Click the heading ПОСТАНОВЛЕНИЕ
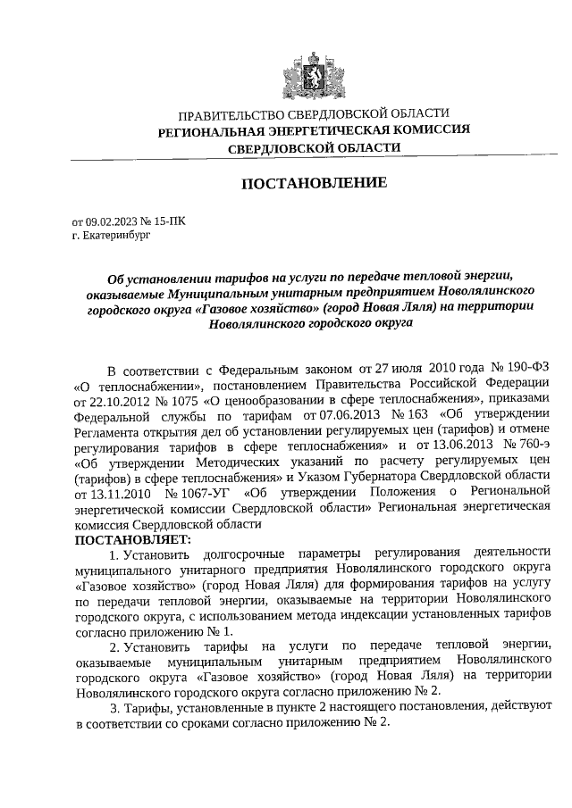coord(314,183)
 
